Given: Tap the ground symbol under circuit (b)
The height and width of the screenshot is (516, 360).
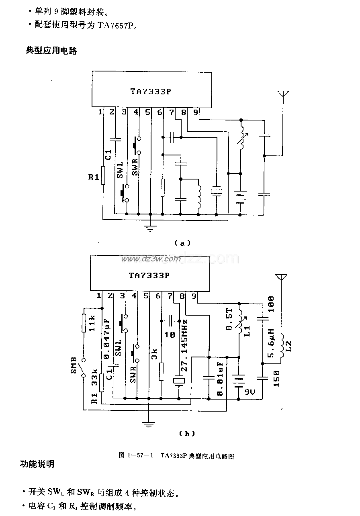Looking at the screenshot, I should coord(149,423).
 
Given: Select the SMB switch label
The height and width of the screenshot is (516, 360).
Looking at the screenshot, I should coord(74,364).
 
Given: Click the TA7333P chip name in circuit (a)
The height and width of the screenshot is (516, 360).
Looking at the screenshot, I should coord(151,92).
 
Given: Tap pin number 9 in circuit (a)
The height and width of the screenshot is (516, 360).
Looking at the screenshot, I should coord(196,113).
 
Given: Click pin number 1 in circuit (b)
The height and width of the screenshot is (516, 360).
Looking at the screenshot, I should coord(98,296).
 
